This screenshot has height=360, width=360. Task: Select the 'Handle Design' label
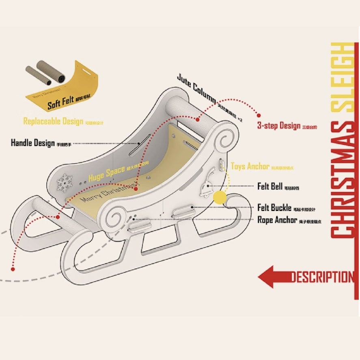pyautogui.click(x=33, y=143)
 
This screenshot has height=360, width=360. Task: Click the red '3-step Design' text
pyautogui.click(x=279, y=126)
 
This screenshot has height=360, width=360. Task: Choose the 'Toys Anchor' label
pyautogui.click(x=250, y=166)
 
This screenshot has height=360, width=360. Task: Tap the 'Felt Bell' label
pyautogui.click(x=270, y=186)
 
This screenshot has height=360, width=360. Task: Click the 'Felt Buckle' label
pyautogui.click(x=274, y=208)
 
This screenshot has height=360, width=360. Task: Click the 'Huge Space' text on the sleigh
pyautogui.click(x=106, y=174)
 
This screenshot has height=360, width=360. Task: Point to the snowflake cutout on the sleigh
pyautogui.click(x=65, y=183)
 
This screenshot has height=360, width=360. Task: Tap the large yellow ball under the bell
pyautogui.click(x=220, y=198)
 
